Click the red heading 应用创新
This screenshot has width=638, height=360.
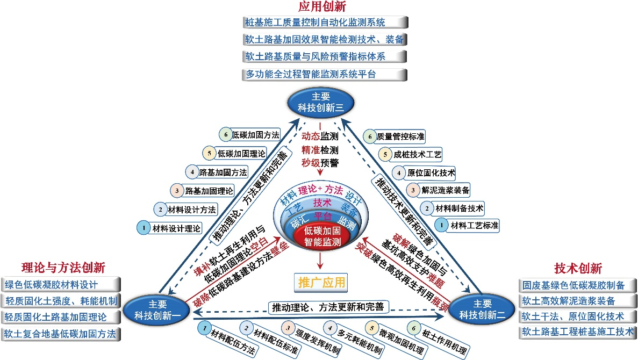point(322,7)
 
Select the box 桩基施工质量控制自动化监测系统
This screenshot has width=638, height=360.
point(324,23)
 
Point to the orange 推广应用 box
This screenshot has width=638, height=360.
point(321,282)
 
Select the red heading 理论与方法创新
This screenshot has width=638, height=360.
point(63,268)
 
